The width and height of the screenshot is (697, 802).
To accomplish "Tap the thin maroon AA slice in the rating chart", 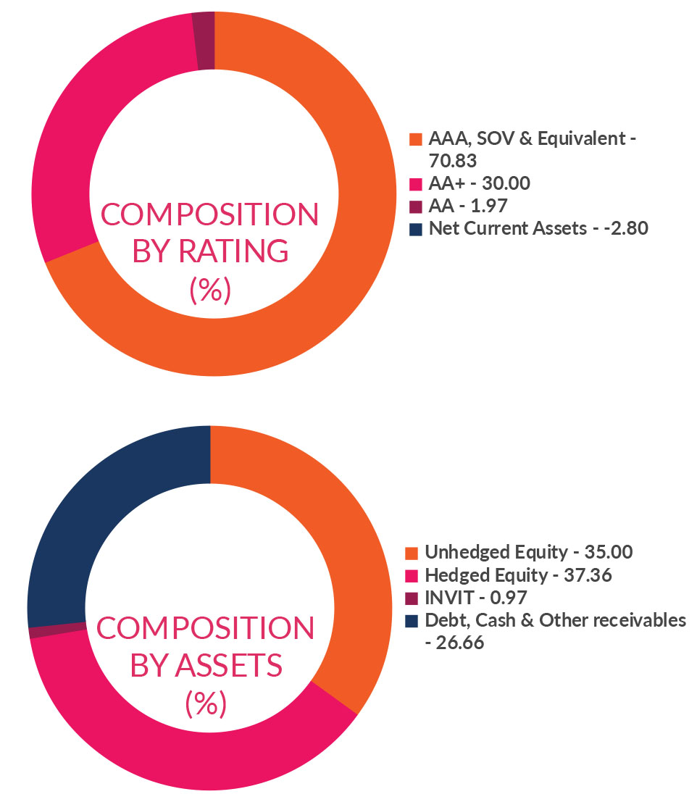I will coord(205,41).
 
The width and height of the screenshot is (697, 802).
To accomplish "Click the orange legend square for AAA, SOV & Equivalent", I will coord(415,138).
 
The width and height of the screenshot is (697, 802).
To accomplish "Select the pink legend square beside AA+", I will coord(415,184).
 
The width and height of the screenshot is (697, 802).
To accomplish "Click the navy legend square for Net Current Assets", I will coord(415,229).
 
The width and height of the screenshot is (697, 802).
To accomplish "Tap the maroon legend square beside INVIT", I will coord(412,598).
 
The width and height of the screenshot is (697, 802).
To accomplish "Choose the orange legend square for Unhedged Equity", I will coord(412,554).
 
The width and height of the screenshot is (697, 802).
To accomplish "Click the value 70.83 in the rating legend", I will coord(454,159).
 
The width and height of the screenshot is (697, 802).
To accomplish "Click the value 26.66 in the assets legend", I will coord(461,642).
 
